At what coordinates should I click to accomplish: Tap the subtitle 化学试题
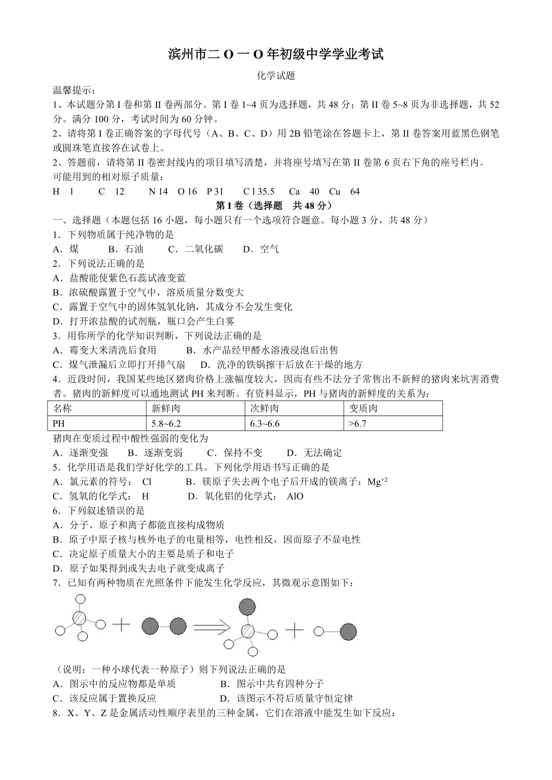pos(275,76)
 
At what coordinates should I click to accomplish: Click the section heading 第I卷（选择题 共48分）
pos(274,205)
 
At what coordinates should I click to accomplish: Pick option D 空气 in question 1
pos(261,249)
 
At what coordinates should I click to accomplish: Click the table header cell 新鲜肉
pos(166,409)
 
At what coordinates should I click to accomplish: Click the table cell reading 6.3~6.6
pos(265,424)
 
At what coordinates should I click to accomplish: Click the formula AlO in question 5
pos(295,496)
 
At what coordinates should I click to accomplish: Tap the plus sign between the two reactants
pos(121,625)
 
